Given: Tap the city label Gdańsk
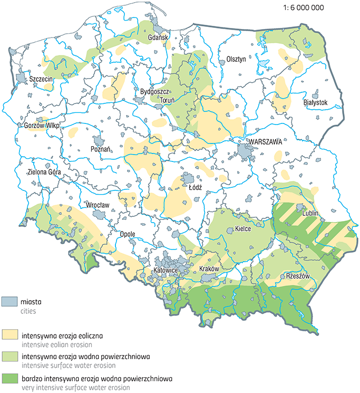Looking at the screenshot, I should pyautogui.click(x=157, y=37).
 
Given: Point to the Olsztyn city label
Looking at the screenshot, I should pyautogui.click(x=236, y=59).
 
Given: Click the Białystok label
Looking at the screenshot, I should pyautogui.click(x=316, y=102).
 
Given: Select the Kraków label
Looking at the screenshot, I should pyautogui.click(x=209, y=269).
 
